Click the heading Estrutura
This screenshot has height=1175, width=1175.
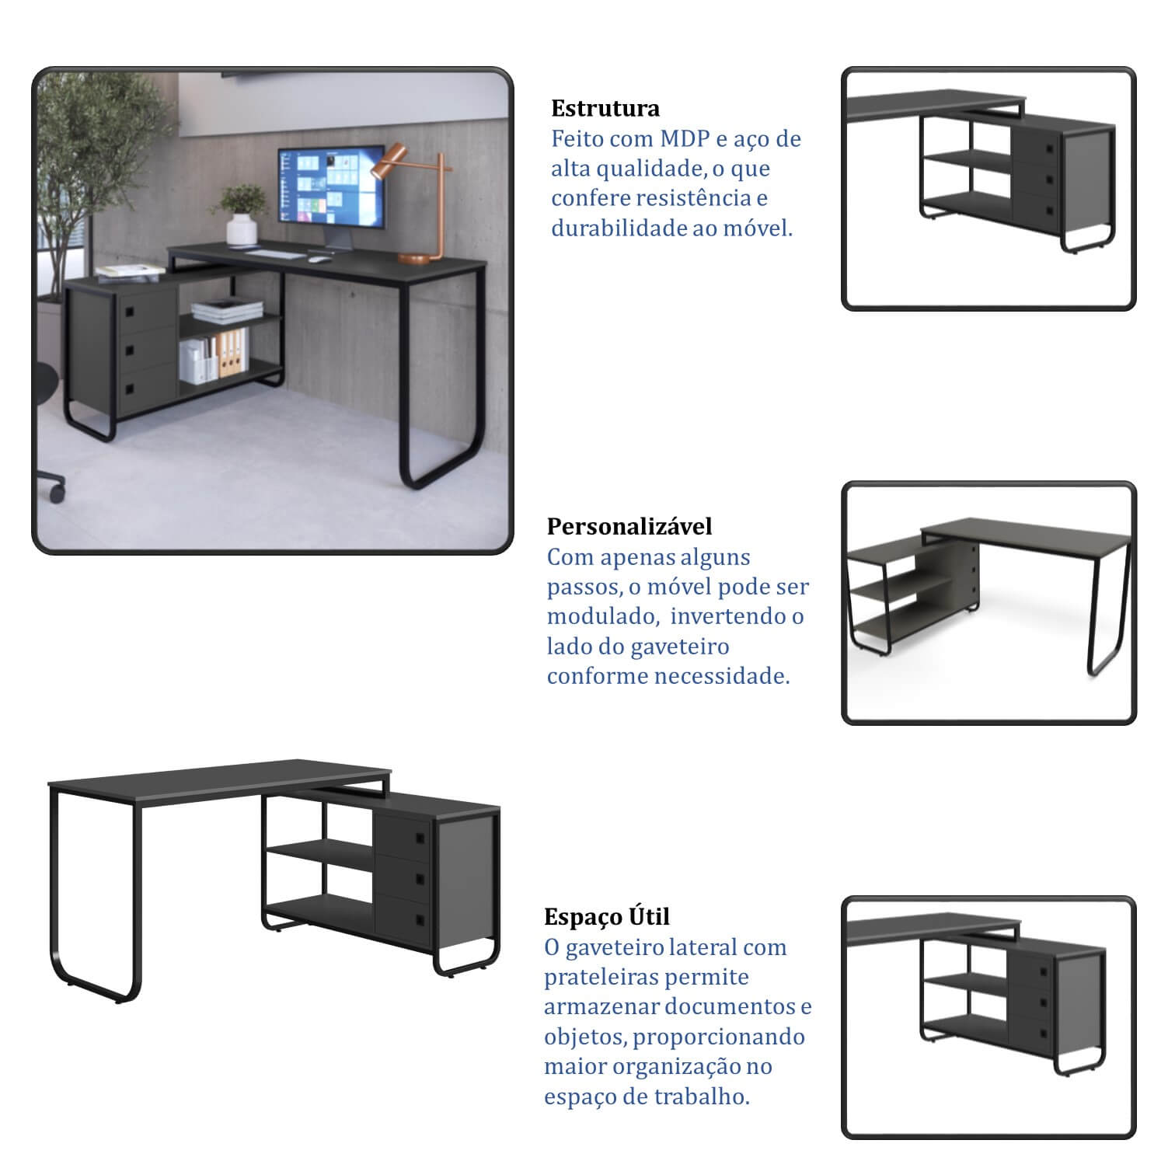coord(605,108)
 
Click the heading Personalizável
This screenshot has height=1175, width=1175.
coord(629,526)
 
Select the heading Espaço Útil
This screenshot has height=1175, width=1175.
coord(607,916)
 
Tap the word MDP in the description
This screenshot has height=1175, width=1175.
coord(685,139)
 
